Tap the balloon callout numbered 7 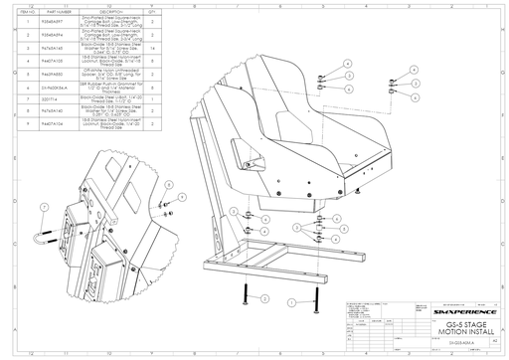pos(45,206)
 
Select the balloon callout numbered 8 pos(168,185)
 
